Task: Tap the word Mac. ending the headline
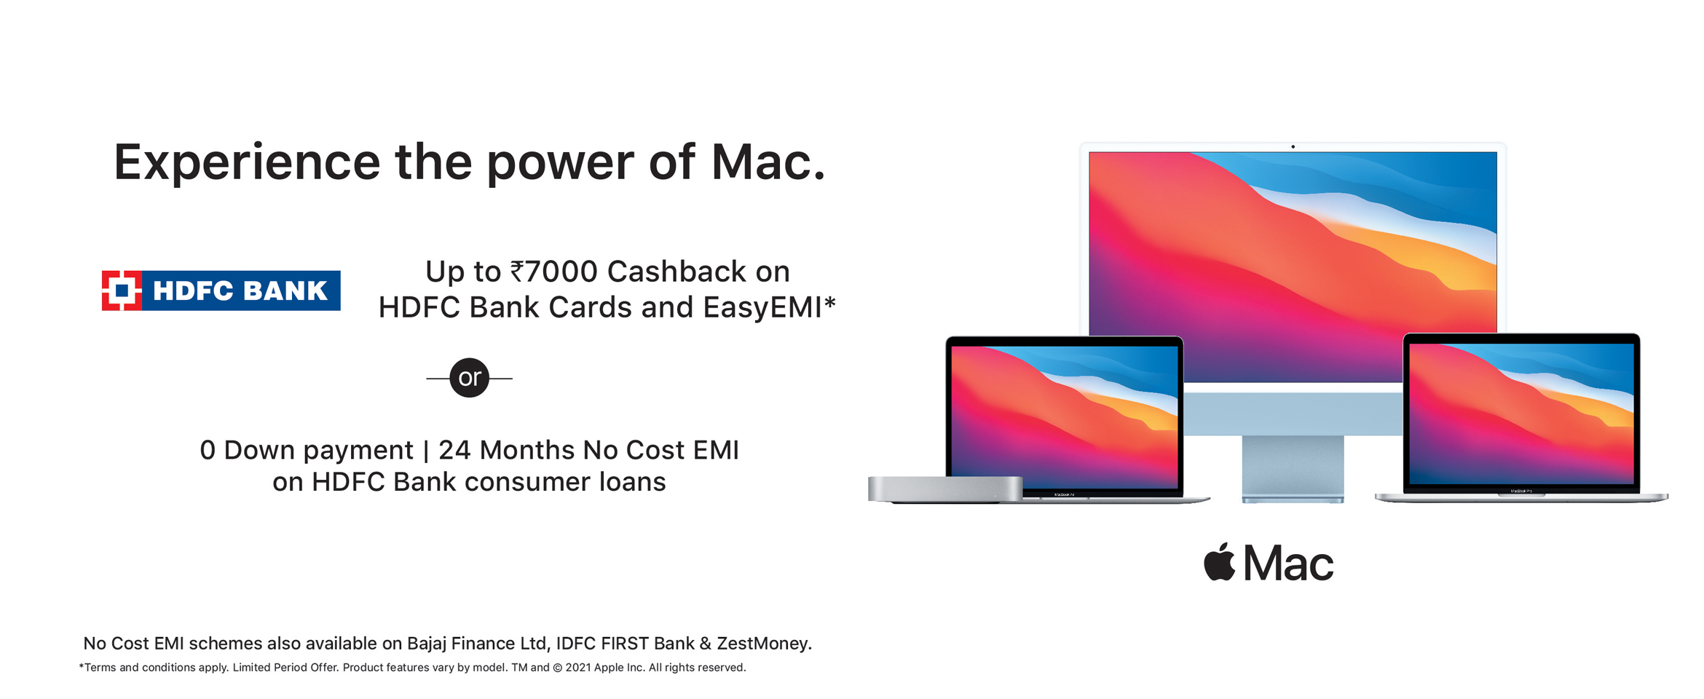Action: coord(768,162)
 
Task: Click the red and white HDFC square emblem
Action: coord(122,291)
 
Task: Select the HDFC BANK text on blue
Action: coord(240,291)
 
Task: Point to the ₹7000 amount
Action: coord(553,272)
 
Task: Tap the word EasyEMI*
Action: coord(769,307)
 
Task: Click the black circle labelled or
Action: coord(469,378)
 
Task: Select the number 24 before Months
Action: coord(454,450)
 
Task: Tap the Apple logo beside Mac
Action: coord(1220,561)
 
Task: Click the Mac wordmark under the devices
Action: coord(1289,564)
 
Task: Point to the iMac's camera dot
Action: coord(1293,147)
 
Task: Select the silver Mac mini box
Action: coord(945,489)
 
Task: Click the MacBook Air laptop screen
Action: coord(1065,416)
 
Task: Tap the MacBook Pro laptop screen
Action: coord(1521,414)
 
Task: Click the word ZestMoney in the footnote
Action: coord(762,644)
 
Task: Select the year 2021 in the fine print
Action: coord(578,668)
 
